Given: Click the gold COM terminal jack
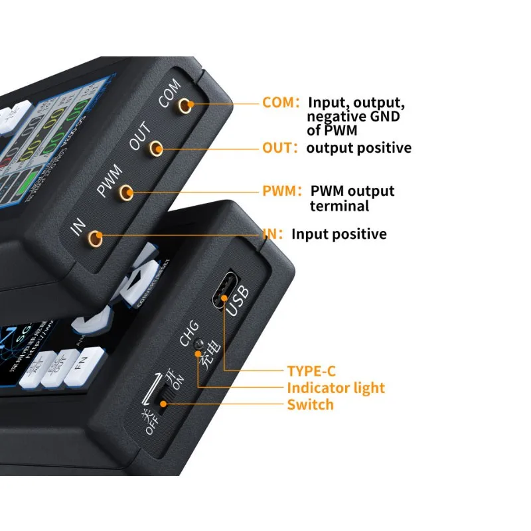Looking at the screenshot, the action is (x=189, y=104).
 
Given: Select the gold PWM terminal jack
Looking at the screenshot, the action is (x=125, y=192).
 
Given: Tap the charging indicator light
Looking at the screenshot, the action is (x=197, y=355).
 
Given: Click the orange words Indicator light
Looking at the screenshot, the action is (x=335, y=388).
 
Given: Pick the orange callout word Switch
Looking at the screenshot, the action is (x=310, y=405).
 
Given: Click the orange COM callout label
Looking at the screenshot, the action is (x=279, y=103).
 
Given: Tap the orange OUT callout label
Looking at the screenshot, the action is (x=279, y=148).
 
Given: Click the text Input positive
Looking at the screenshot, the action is (x=339, y=234).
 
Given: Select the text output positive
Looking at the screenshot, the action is (x=358, y=148).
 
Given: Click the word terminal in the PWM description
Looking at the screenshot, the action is (x=339, y=206).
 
